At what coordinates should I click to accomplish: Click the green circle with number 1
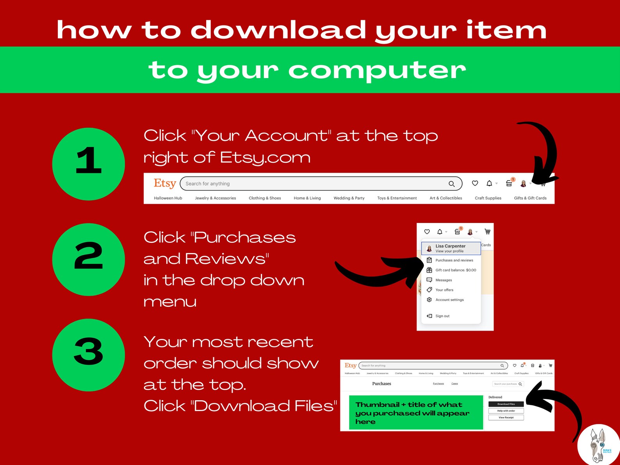[89, 164]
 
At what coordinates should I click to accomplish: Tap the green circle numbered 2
[89, 260]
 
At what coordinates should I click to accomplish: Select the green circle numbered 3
[89, 355]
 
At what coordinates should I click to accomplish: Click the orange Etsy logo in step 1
[165, 183]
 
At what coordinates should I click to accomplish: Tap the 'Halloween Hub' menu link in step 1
[168, 198]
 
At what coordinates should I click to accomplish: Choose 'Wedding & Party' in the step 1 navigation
[349, 198]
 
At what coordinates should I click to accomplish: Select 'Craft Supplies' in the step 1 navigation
[488, 198]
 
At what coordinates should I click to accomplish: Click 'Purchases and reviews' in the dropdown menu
[454, 260]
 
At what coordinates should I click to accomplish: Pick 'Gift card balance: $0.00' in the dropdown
[456, 270]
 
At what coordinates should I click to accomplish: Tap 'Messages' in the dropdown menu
[444, 280]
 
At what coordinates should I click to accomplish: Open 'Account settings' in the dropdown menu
[449, 300]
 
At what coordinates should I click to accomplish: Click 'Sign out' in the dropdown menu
[442, 316]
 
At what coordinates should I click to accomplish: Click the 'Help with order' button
[506, 411]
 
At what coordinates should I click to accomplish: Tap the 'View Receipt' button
[506, 417]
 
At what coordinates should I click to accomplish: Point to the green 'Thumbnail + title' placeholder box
[416, 413]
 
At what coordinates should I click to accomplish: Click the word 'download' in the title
[278, 30]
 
